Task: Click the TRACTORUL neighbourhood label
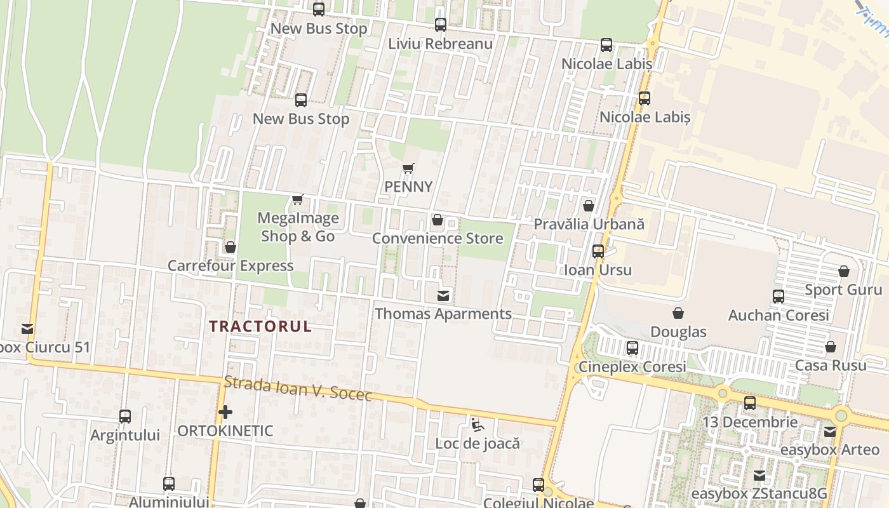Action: click(x=260, y=326)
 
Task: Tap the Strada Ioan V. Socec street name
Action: click(x=297, y=389)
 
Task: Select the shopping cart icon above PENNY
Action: click(x=408, y=169)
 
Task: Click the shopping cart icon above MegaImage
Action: click(x=297, y=200)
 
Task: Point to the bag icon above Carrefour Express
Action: click(x=231, y=247)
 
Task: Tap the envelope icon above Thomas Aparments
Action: click(x=443, y=295)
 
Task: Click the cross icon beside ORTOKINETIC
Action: click(x=225, y=412)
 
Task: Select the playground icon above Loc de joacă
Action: click(x=478, y=425)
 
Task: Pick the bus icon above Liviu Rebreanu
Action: click(x=441, y=25)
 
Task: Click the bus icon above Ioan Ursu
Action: click(x=598, y=251)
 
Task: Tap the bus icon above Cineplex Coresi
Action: click(x=632, y=348)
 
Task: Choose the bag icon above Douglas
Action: click(x=678, y=313)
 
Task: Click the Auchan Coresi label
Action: click(x=779, y=316)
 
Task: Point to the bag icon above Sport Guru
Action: click(x=844, y=271)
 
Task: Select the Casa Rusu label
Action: click(x=831, y=366)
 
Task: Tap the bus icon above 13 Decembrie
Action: click(x=750, y=403)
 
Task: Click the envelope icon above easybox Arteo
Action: click(x=830, y=432)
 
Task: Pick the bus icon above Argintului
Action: click(x=125, y=417)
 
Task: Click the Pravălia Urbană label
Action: click(x=589, y=224)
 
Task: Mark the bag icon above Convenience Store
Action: click(x=438, y=220)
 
